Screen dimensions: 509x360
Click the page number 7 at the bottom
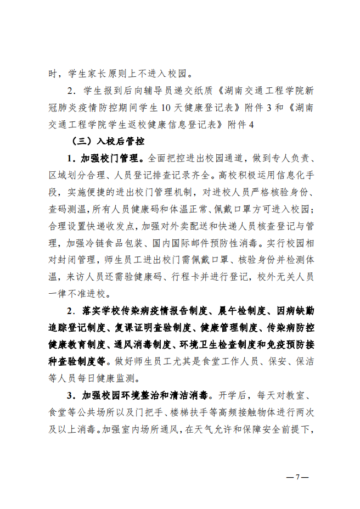(x=299, y=477)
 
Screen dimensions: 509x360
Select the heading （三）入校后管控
(x=108, y=141)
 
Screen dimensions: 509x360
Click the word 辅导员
(x=153, y=90)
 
